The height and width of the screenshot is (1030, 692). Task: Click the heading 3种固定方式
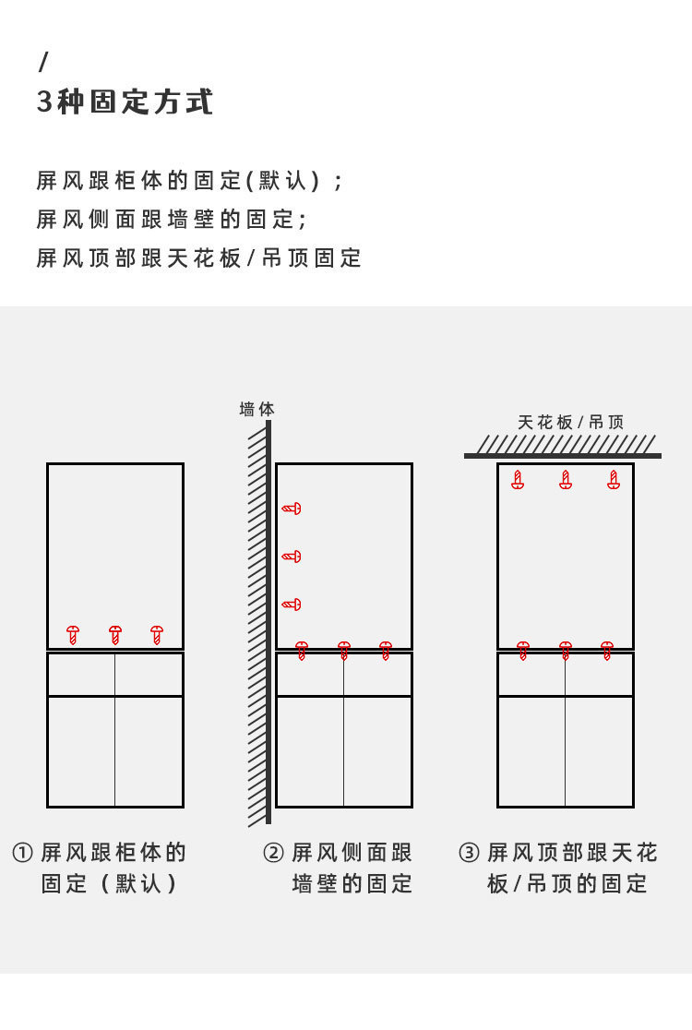(125, 102)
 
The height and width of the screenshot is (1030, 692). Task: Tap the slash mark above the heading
(42, 63)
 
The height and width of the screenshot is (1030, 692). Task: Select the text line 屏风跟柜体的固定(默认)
(189, 180)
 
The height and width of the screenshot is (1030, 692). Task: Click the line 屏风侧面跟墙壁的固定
(171, 220)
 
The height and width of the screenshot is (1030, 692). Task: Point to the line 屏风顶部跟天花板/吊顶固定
(198, 258)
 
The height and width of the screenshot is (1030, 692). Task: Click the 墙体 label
(257, 409)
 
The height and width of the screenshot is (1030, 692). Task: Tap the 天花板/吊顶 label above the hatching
(570, 422)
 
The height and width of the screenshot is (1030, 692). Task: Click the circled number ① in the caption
(22, 853)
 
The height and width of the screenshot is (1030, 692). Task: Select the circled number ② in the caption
(273, 853)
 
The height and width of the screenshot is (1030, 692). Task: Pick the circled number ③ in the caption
(469, 853)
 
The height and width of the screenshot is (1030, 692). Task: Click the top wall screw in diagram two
(292, 509)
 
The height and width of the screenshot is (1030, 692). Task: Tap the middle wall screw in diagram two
(292, 557)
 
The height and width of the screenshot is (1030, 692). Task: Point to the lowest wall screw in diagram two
(292, 605)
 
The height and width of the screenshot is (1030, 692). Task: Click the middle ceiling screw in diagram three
(566, 480)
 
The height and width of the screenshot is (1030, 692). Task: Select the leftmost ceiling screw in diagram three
(518, 480)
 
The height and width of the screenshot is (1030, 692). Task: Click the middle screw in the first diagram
(115, 635)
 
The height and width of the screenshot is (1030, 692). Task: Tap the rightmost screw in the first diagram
(157, 635)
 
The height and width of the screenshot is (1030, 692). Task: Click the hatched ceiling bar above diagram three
(563, 448)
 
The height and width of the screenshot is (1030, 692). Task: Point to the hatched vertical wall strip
(259, 623)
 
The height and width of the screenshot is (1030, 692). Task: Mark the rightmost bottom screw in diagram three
(607, 651)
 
